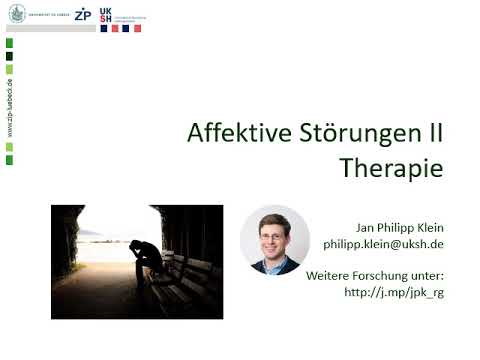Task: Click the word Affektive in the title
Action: click(x=235, y=134)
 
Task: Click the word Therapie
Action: click(x=390, y=167)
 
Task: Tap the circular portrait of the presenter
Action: click(x=275, y=240)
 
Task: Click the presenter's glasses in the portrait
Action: click(x=276, y=233)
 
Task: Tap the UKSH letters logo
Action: click(x=107, y=17)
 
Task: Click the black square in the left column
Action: click(x=9, y=56)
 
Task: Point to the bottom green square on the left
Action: click(x=9, y=160)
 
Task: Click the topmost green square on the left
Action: click(x=9, y=42)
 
